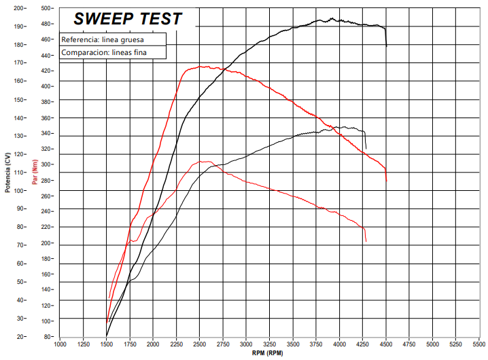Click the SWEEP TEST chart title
click(128, 18)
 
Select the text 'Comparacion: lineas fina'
click(104, 52)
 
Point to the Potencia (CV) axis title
click(7, 172)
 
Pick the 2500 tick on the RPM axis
click(200, 344)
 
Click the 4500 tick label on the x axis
click(386, 344)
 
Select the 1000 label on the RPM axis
click(60, 344)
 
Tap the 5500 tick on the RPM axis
click(479, 344)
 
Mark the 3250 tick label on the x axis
click(270, 344)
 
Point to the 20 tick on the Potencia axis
click(20, 336)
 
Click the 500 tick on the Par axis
click(47, 8)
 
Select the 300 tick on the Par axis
click(47, 164)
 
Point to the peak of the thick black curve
click(332, 19)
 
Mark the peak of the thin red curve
click(203, 161)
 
